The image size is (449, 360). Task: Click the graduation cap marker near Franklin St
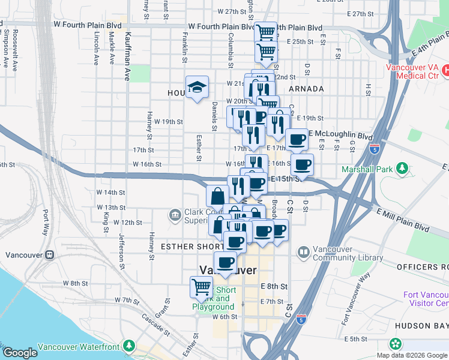197,88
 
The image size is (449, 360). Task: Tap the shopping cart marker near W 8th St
201,287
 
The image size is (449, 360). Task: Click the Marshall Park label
367,169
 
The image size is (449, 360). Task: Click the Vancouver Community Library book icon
304,252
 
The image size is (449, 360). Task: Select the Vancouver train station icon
49,254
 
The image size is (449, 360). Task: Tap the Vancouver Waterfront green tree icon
129,346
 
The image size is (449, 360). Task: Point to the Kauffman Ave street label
127,49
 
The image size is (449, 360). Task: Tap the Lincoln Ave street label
95,49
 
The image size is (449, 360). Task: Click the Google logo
20,353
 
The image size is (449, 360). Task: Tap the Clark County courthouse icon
174,214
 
